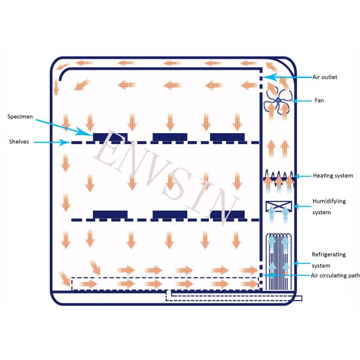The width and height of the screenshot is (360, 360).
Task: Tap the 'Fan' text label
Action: (x=320, y=100)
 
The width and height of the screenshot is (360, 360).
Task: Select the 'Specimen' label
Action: (x=20, y=116)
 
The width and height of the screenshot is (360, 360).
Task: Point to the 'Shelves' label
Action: (x=19, y=142)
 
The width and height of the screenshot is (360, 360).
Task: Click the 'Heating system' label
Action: (x=332, y=176)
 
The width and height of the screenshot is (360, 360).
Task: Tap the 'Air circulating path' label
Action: (x=335, y=275)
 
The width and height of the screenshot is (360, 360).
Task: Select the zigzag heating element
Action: (x=278, y=176)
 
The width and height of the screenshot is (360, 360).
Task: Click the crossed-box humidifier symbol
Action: (x=278, y=206)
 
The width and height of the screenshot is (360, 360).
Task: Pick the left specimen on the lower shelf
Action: (x=110, y=215)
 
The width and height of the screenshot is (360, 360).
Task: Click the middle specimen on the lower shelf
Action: (x=170, y=215)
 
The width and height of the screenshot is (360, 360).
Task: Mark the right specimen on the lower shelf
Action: (x=227, y=215)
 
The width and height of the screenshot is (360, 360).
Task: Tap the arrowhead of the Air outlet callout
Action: (x=268, y=77)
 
